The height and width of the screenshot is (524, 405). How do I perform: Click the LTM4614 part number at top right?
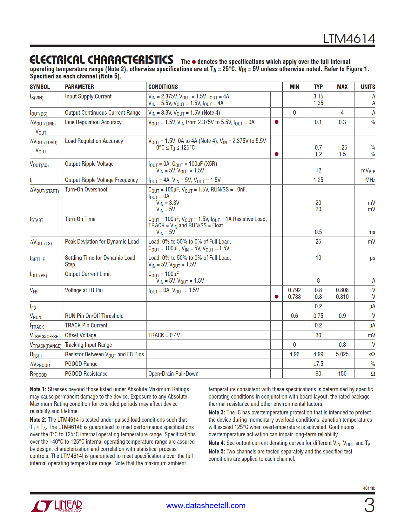tap(349, 39)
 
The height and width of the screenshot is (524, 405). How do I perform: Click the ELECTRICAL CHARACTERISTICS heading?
tap(101, 60)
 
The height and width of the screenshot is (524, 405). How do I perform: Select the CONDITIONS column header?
tap(163, 87)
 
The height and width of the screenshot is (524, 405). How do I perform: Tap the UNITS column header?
tap(368, 87)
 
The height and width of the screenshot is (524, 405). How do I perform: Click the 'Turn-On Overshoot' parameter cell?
tap(86, 190)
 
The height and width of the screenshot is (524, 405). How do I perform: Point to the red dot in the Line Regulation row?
tap(276, 122)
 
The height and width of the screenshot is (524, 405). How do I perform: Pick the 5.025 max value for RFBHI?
tap(342, 354)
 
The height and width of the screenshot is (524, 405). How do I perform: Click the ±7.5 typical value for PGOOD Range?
tap(318, 364)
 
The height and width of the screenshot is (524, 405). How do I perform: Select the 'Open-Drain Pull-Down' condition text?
tap(173, 374)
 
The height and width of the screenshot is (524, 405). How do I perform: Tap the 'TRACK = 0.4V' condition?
tap(164, 335)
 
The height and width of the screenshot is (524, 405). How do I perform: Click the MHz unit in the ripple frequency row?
tap(370, 180)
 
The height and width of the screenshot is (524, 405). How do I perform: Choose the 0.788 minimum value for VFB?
tap(294, 297)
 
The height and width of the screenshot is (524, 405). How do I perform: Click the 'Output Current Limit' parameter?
tap(88, 274)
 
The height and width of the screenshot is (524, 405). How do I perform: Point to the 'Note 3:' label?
tap(217, 413)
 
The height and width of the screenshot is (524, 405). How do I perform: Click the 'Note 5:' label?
tap(217, 452)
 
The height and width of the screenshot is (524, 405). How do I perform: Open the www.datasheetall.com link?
tap(206, 506)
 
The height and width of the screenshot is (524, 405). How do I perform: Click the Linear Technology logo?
tap(56, 506)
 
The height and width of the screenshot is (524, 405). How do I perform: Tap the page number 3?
tap(369, 505)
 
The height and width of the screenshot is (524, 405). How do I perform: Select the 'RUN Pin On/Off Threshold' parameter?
tap(94, 316)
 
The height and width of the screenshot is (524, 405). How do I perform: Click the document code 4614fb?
tap(369, 488)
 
